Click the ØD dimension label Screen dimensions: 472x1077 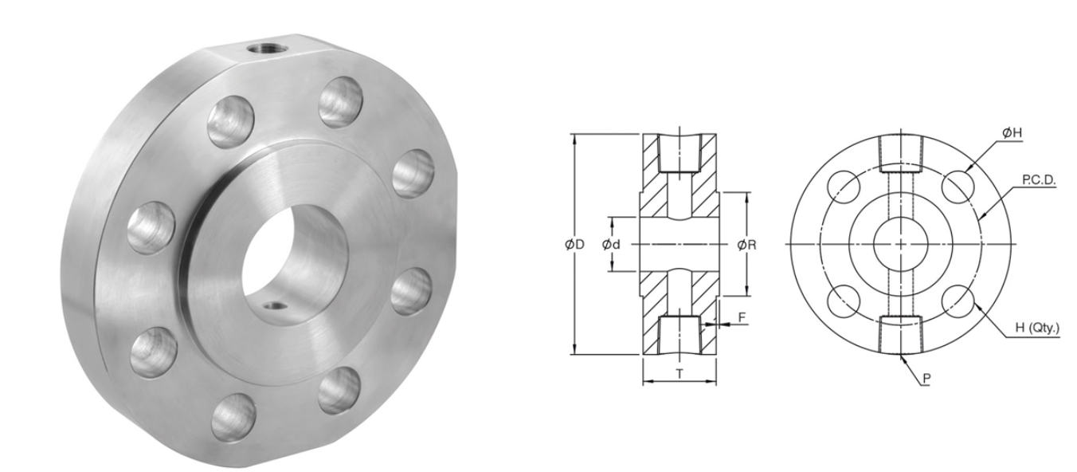574,245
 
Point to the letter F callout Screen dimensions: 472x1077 742,317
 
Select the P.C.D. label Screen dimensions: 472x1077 1039,180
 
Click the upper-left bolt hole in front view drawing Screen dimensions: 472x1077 844,187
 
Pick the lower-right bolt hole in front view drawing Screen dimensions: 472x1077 958,301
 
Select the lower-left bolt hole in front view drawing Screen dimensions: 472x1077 844,301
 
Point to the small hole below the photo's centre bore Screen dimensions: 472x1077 274,305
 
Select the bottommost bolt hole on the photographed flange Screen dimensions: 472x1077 233,416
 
